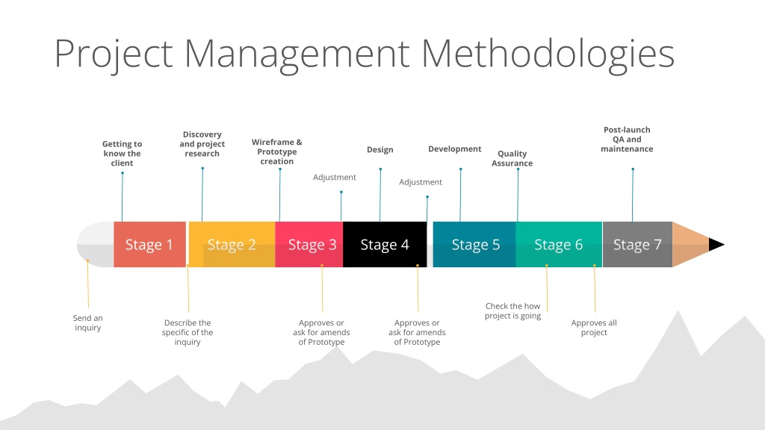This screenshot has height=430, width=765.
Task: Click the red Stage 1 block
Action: point(149,244)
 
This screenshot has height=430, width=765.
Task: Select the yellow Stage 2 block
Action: point(232,244)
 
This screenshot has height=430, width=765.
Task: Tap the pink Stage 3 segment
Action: point(309,244)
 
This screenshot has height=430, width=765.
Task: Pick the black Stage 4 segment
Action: point(385,244)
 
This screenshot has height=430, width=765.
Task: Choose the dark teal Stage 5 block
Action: point(474,244)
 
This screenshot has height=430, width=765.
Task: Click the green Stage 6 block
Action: point(559,244)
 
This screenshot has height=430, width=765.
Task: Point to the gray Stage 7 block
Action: point(638,244)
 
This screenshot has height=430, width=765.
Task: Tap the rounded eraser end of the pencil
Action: point(96,244)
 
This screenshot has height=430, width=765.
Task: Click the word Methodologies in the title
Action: point(548,54)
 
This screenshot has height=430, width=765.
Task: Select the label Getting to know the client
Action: point(122,154)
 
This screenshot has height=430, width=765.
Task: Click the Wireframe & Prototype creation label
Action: point(276,152)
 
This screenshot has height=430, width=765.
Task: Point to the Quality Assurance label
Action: point(512,158)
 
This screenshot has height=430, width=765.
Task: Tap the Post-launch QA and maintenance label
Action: point(627,140)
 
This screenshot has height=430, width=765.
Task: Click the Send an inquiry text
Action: point(88,322)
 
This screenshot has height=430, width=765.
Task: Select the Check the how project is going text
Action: point(512,311)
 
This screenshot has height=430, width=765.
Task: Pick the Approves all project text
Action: point(594,328)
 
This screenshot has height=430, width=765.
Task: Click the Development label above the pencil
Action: point(455,149)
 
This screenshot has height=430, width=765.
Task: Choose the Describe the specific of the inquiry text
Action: point(188,332)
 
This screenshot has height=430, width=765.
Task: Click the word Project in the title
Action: point(114,54)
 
